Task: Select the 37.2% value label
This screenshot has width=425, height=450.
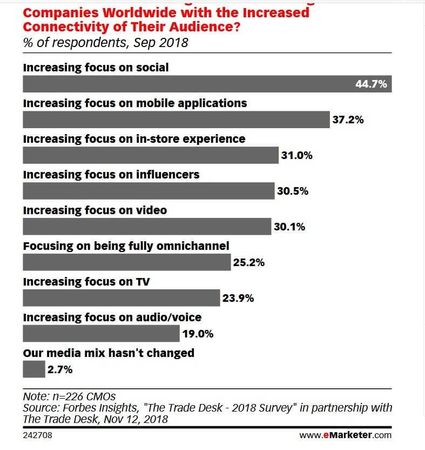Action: (348, 120)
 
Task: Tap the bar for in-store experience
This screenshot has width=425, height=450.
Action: (151, 155)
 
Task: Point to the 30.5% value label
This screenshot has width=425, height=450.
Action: (293, 191)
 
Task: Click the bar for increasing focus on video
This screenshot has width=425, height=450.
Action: (147, 227)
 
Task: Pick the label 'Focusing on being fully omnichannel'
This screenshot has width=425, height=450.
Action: (126, 246)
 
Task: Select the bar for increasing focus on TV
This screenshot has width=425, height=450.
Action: (122, 298)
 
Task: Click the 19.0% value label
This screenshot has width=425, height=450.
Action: (198, 334)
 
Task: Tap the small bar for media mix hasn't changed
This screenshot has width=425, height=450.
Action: (34, 369)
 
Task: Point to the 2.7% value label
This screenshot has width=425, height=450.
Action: (60, 370)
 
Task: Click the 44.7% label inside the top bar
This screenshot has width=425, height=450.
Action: (371, 84)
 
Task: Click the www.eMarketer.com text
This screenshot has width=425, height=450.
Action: (346, 435)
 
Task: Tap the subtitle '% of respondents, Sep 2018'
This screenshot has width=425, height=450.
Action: (105, 43)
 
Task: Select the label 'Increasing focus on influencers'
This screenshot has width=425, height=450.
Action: (111, 175)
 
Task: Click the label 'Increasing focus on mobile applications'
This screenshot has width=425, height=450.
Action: (135, 103)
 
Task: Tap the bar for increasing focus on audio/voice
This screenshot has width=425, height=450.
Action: (101, 334)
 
